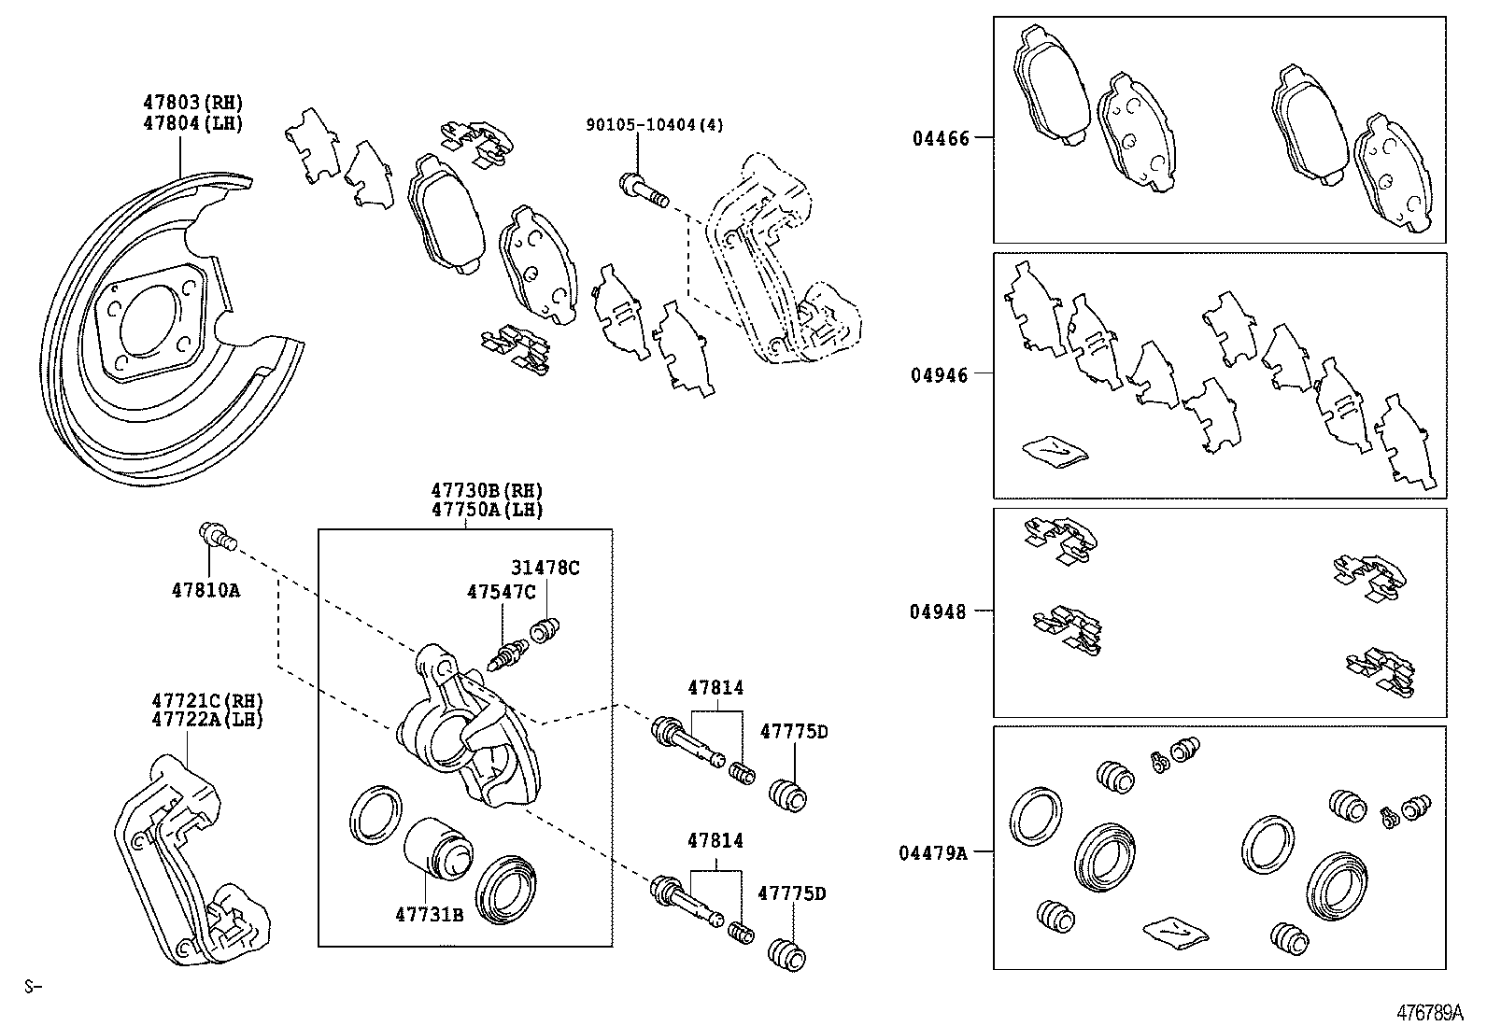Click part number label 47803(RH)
point(192,104)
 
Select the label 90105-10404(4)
point(655,124)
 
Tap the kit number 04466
point(941,138)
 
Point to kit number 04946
point(941,375)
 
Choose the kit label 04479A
point(934,852)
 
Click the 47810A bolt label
point(205,590)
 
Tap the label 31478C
point(545,568)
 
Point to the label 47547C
point(502,591)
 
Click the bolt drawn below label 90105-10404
point(643,190)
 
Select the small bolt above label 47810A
point(218,537)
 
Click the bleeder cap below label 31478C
point(544,630)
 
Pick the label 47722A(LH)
point(207,720)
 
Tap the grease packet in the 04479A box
point(1173,931)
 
